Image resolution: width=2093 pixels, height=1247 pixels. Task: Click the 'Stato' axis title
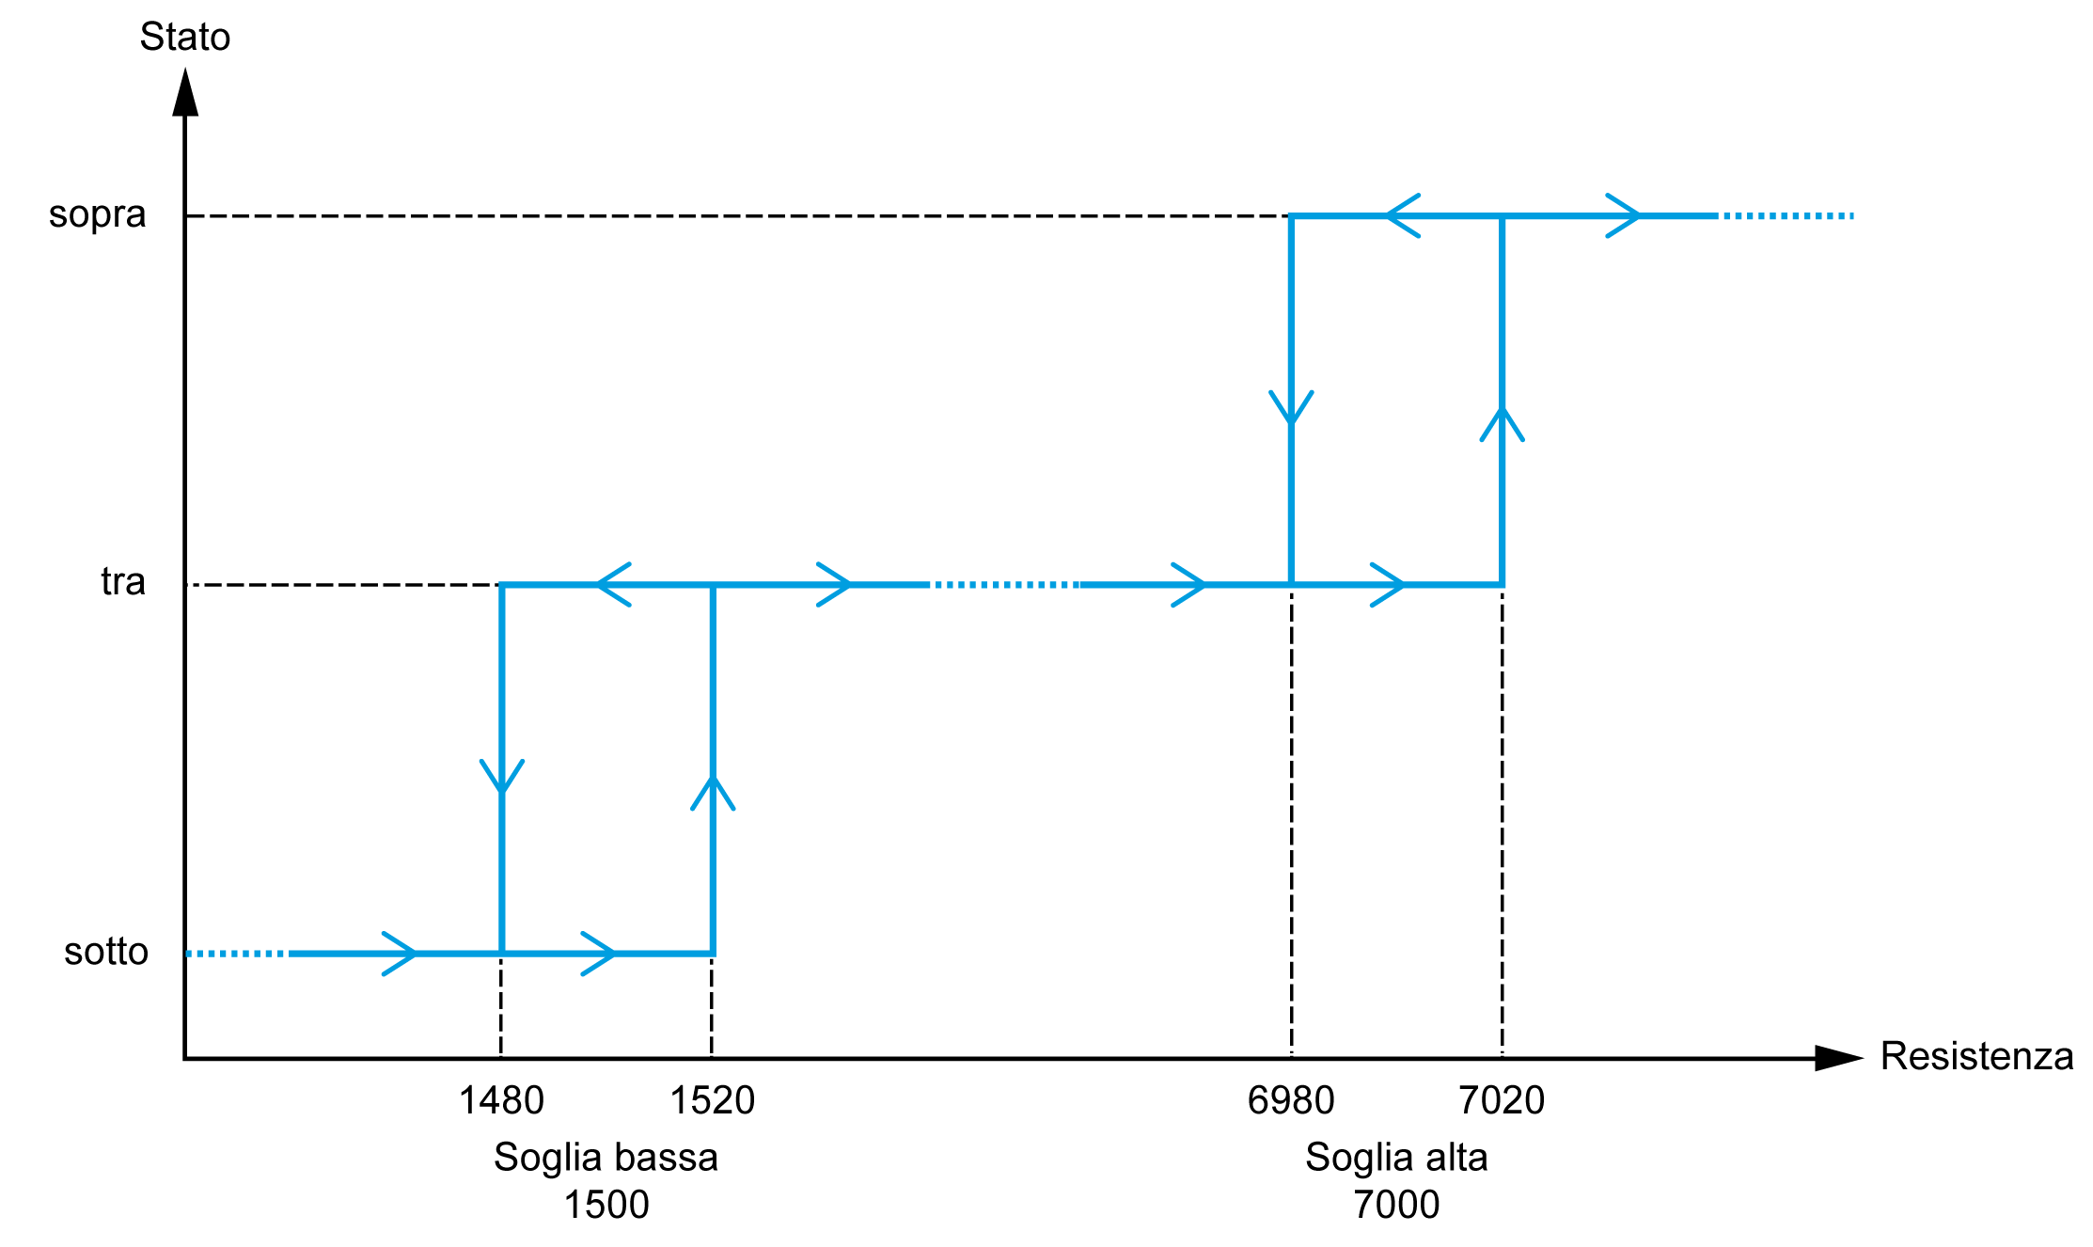pos(185,38)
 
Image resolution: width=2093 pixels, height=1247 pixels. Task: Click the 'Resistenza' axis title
pos(1976,1057)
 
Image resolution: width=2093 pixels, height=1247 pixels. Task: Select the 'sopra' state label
pos(98,215)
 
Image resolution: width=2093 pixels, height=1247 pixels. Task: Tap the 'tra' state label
pos(123,582)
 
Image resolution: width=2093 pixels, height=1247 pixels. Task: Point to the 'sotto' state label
pos(106,952)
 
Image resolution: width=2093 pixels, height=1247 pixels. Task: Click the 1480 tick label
pos(501,1101)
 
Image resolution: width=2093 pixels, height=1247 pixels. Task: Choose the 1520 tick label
pos(712,1101)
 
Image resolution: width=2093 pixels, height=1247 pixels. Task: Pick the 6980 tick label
pos(1291,1101)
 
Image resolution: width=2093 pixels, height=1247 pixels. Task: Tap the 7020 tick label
pos(1502,1101)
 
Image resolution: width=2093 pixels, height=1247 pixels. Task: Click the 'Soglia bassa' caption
pos(606,1158)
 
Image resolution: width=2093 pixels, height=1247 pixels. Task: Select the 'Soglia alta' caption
pos(1396,1158)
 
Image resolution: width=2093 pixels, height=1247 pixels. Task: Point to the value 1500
pos(606,1206)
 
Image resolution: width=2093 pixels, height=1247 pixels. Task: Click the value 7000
pos(1396,1206)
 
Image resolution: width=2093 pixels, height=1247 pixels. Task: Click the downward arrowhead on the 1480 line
pos(502,776)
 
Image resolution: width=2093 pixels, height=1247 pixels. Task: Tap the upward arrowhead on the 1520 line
pos(713,793)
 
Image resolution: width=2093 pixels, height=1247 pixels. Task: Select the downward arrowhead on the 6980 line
pos(1292,407)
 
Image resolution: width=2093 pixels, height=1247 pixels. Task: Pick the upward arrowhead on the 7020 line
pos(1503,423)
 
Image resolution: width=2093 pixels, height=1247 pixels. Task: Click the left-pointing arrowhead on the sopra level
pos(1403,216)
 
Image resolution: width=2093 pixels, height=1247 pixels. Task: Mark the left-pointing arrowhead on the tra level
pos(614,585)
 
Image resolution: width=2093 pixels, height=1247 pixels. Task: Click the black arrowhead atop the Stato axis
pos(185,92)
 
